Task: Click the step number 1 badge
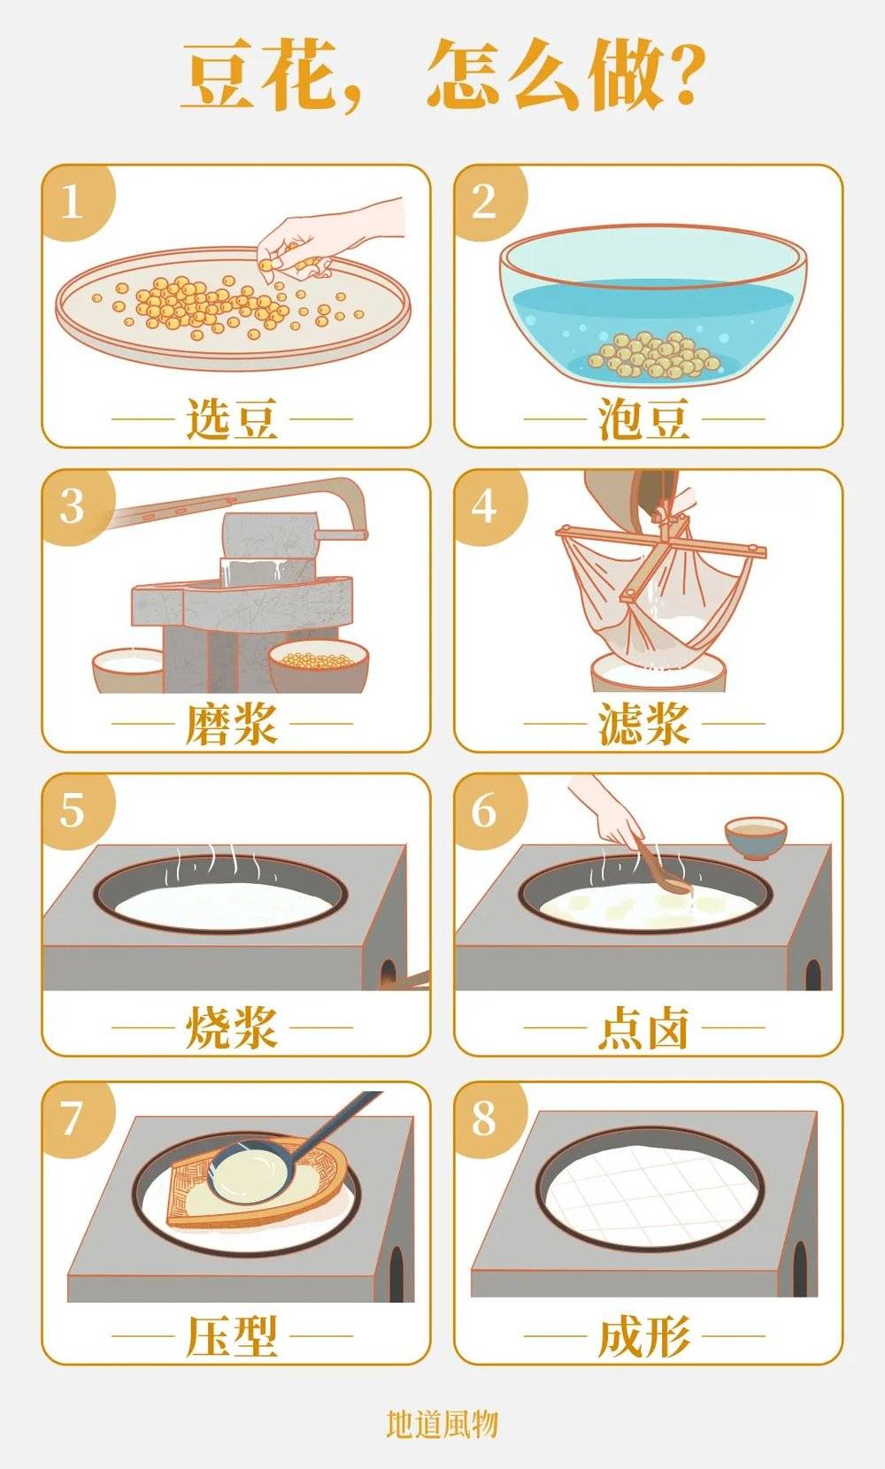tap(73, 202)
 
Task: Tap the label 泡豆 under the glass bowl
tap(643, 419)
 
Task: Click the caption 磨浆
tap(232, 724)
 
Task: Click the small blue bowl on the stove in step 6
tap(755, 836)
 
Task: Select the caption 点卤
tap(643, 1029)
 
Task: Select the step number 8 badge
tap(484, 1118)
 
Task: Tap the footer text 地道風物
tap(442, 1423)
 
